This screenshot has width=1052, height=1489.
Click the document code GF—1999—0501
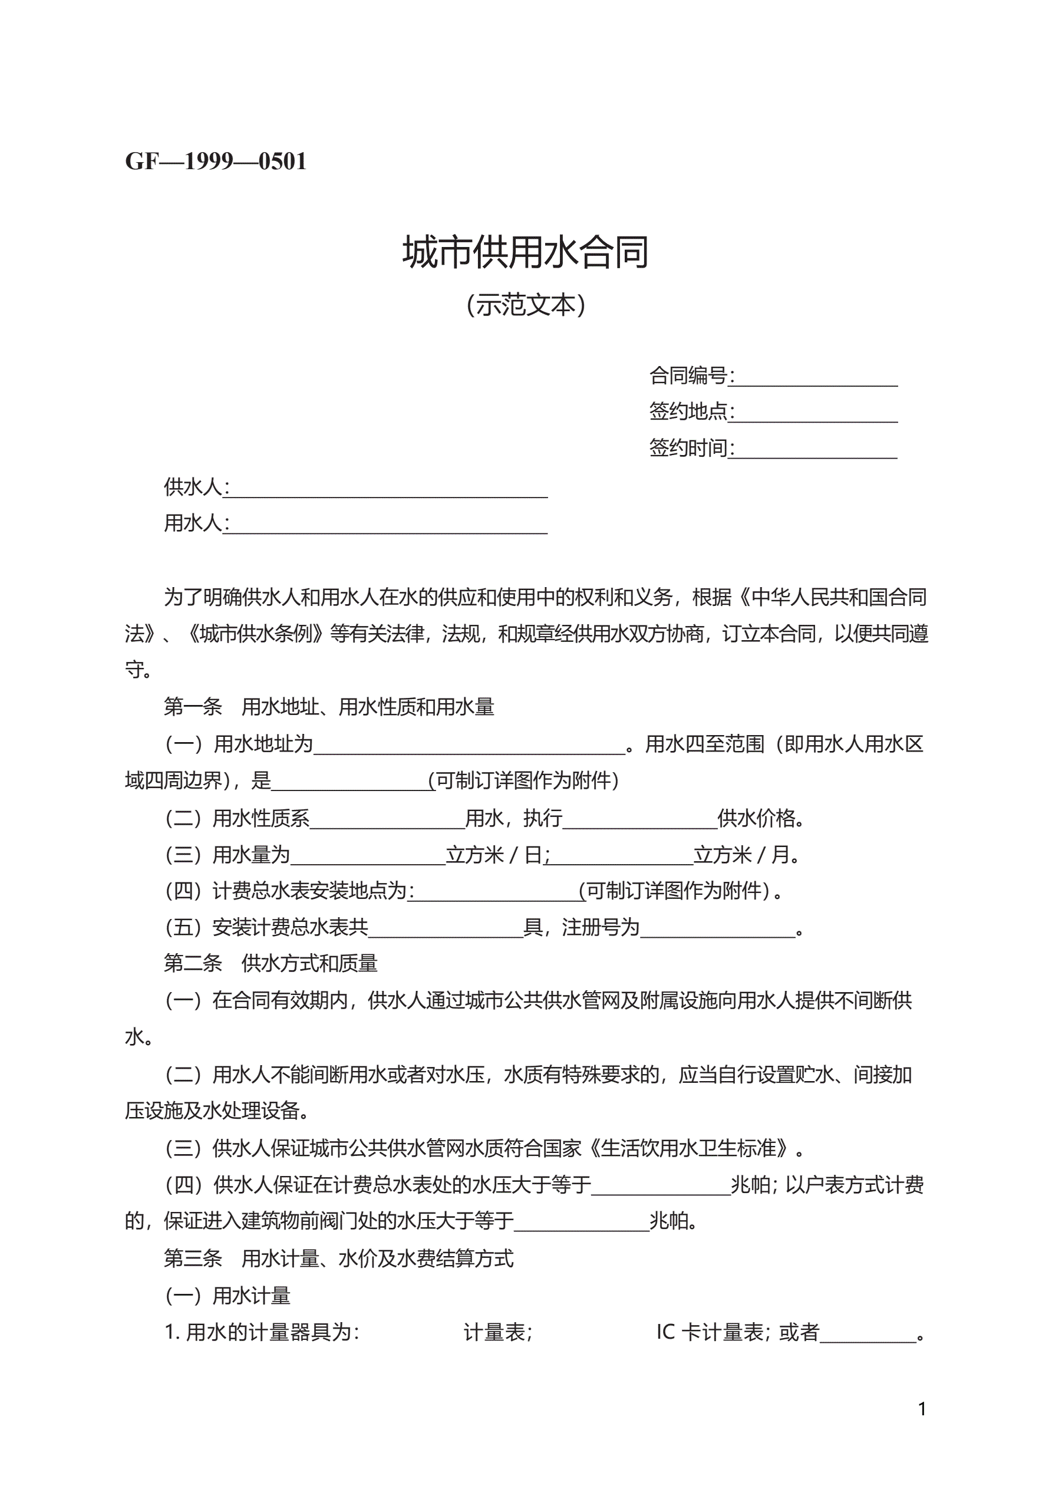click(215, 161)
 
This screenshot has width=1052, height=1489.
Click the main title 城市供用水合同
click(525, 252)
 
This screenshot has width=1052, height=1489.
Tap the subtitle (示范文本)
click(525, 305)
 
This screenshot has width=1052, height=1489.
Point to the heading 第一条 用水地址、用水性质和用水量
click(329, 706)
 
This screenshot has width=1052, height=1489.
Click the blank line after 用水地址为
click(469, 746)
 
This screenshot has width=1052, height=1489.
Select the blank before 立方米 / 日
click(368, 856)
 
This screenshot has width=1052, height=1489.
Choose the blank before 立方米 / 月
click(621, 856)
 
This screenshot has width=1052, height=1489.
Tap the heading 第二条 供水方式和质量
click(271, 963)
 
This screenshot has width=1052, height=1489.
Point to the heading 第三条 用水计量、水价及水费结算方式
click(338, 1259)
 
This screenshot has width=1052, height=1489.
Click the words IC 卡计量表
click(710, 1333)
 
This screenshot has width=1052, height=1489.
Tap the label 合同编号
click(689, 375)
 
